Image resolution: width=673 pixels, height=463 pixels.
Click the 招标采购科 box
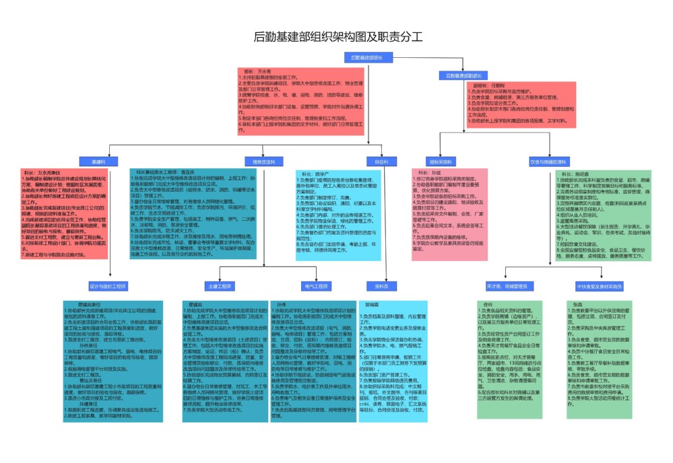tap(441, 162)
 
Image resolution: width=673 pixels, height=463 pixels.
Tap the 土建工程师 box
tap(222, 286)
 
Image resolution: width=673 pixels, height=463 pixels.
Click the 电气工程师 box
tap(315, 286)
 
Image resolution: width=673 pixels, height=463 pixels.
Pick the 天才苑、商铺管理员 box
tap(507, 286)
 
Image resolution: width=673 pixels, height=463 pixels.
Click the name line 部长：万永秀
tap(257, 71)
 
